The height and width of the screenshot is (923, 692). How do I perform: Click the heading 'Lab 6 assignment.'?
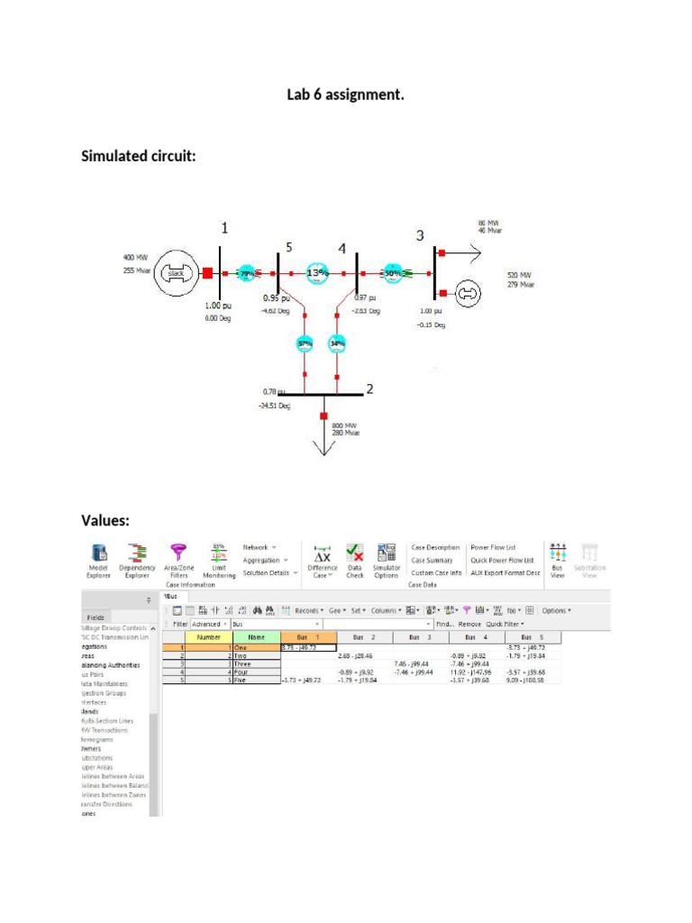tap(345, 94)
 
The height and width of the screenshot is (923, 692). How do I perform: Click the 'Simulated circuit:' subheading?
tap(139, 156)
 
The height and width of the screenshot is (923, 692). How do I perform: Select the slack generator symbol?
tap(177, 273)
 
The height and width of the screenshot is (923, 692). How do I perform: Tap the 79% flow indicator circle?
tap(247, 273)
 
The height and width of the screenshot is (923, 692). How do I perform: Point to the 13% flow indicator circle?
tap(318, 272)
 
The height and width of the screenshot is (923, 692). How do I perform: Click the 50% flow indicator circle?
tap(393, 273)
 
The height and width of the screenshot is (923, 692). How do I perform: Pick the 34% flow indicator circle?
tap(338, 343)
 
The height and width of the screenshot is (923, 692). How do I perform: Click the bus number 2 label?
tap(369, 389)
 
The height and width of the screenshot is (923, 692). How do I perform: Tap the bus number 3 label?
tap(420, 236)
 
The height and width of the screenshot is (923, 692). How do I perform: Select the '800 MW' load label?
tap(346, 425)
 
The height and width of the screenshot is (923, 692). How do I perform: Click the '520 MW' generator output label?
tap(519, 275)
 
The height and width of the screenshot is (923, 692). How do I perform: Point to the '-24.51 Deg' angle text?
tap(275, 406)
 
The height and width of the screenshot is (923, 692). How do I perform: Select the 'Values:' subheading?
tap(106, 520)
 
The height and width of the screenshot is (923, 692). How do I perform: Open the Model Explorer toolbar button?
tap(98, 560)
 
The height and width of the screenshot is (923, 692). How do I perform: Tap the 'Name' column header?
tap(257, 636)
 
